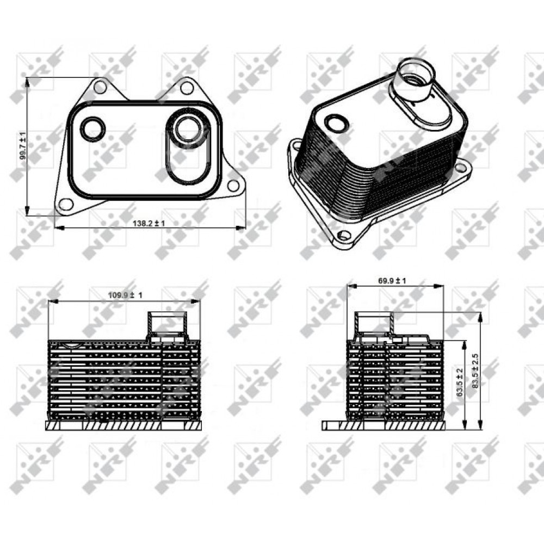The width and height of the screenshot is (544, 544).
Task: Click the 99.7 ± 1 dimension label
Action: coord(23,145)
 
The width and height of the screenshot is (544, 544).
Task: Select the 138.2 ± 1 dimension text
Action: coord(149,223)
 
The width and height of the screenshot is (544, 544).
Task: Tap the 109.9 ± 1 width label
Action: coord(125,295)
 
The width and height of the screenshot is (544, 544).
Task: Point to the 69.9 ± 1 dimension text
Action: coord(392,281)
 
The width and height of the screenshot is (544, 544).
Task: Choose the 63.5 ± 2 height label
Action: coord(460,382)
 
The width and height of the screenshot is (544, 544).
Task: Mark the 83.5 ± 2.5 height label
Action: coord(475,371)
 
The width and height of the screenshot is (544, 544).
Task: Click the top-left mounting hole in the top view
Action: coord(100,87)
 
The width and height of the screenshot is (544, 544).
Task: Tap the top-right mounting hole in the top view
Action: coord(187,88)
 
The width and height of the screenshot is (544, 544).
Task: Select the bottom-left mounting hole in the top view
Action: coord(66,205)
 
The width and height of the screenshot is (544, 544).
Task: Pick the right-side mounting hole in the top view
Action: coord(233,186)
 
